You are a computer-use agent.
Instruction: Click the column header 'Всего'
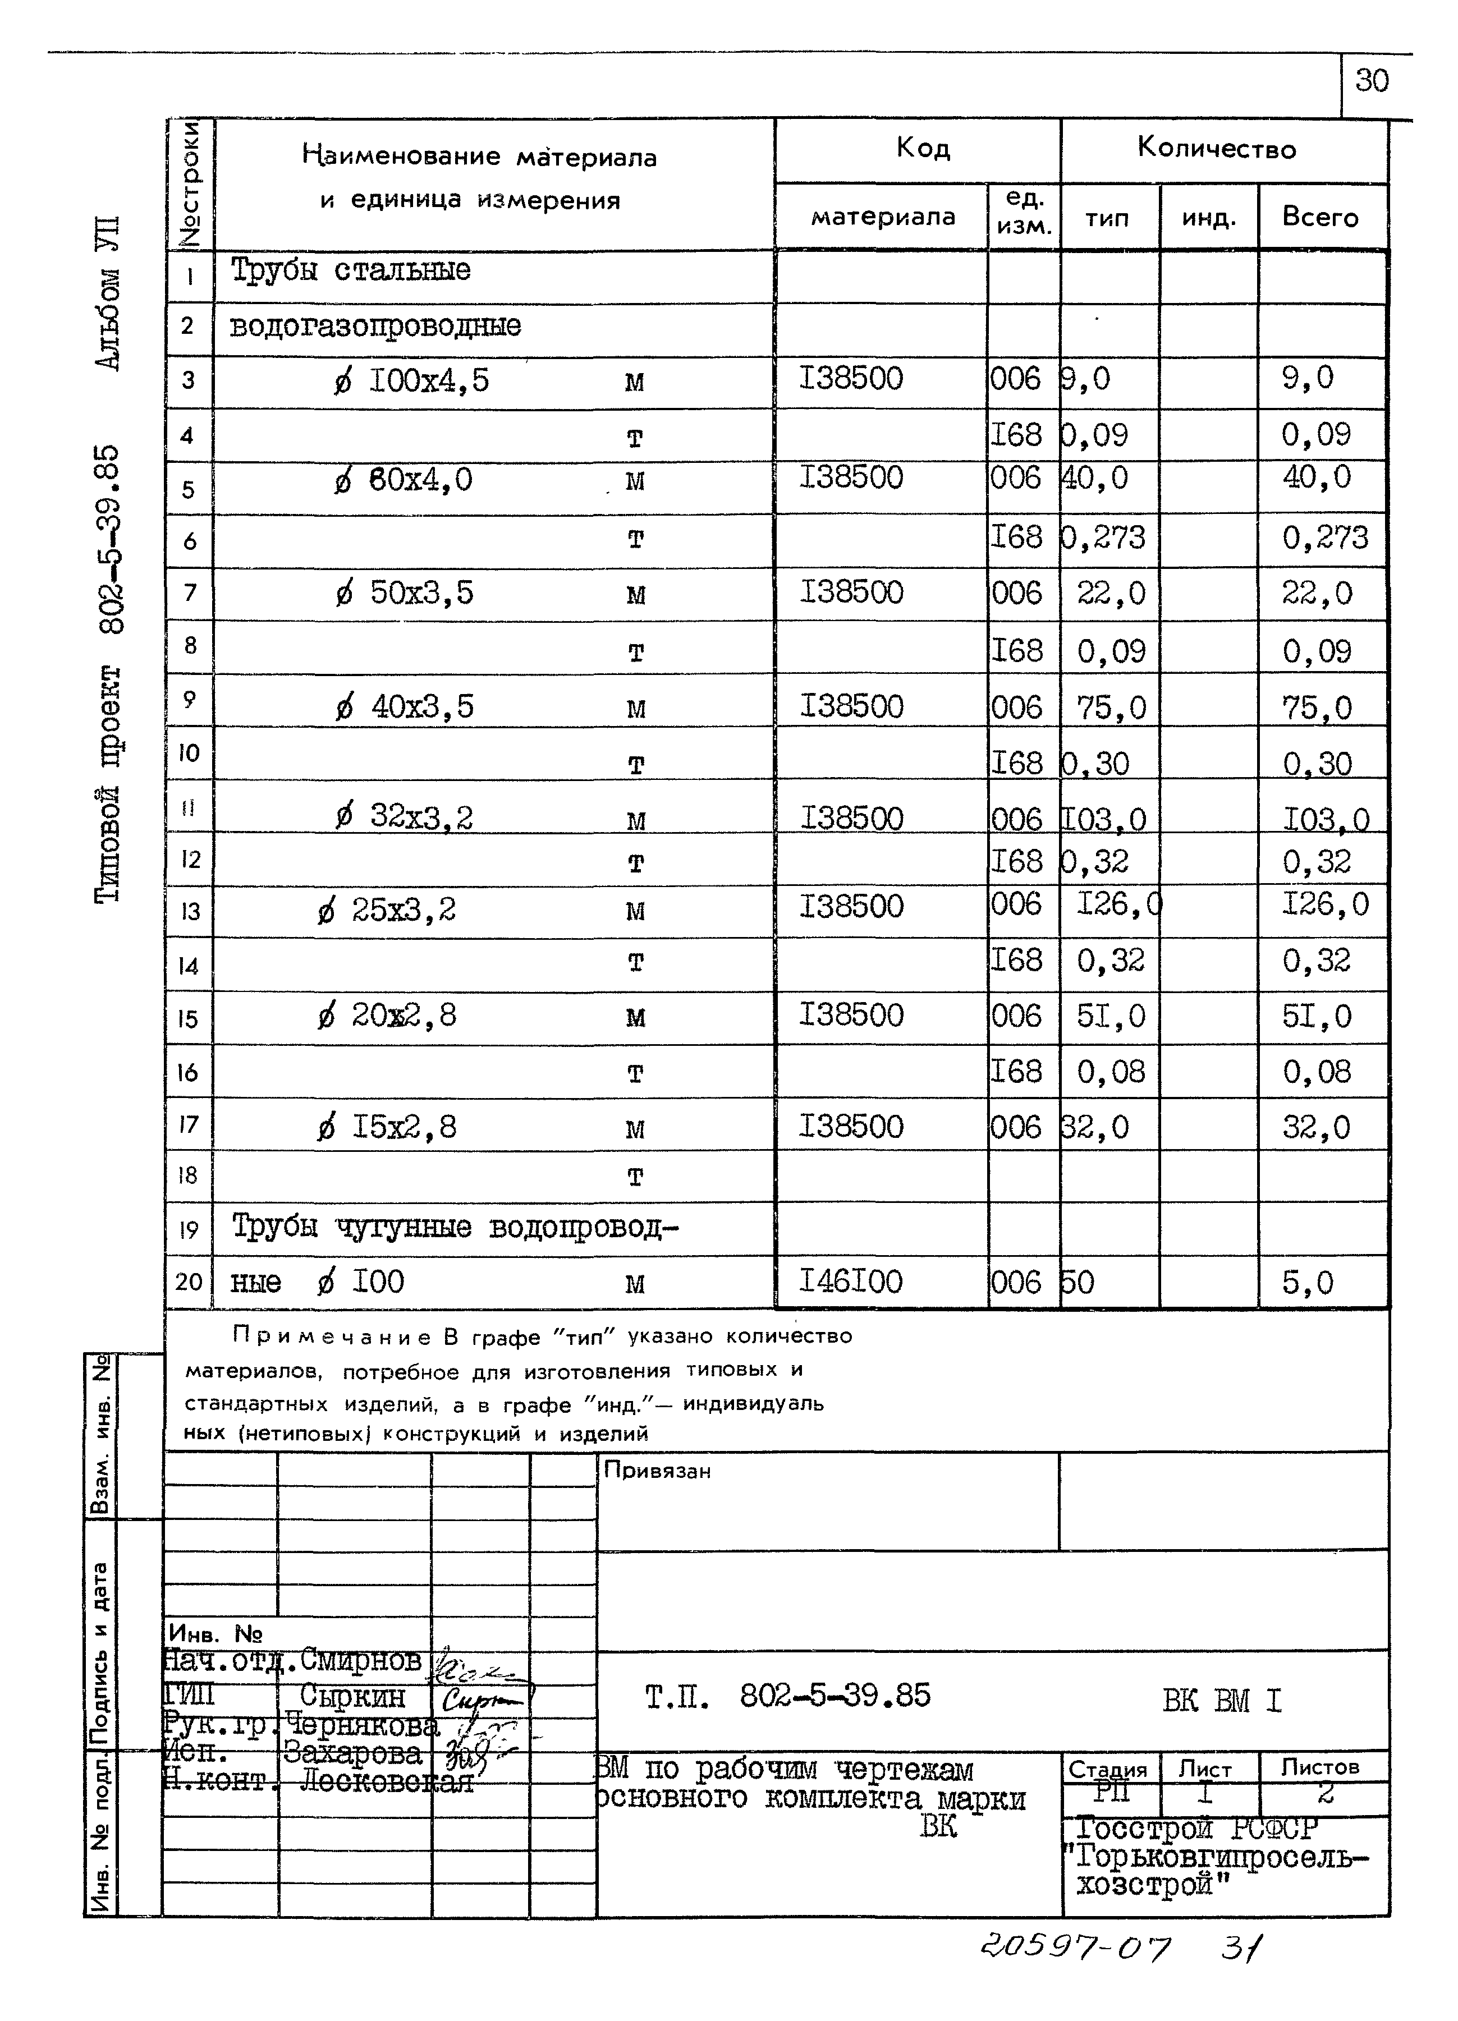(1320, 218)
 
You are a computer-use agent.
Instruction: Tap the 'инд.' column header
(1208, 218)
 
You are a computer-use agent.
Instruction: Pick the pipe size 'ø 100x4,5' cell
(412, 382)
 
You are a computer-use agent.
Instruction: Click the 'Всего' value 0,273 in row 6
(1324, 538)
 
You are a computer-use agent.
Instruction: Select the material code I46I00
(851, 1282)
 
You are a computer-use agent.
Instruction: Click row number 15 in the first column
(188, 1018)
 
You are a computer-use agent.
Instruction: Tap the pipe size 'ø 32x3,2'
(405, 817)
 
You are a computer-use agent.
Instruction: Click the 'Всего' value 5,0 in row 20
(1308, 1283)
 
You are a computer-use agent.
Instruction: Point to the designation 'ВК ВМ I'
(1221, 1701)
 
